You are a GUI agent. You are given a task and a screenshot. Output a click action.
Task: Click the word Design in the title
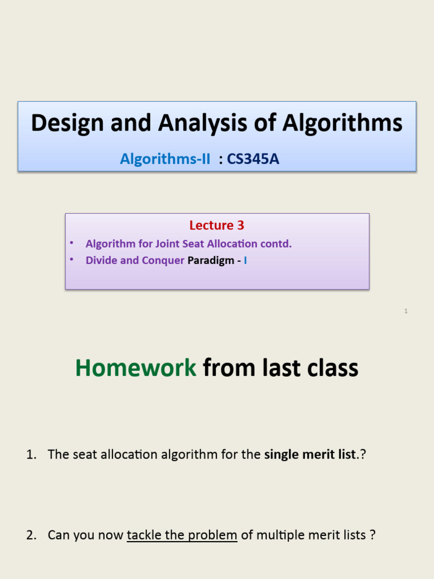tap(67, 123)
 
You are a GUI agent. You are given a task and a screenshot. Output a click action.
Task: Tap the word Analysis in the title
tap(203, 123)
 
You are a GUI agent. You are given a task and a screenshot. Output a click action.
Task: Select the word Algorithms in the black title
tap(342, 123)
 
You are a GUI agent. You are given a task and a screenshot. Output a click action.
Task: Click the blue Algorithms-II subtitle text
tap(165, 159)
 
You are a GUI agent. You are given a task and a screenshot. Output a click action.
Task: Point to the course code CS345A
tap(253, 159)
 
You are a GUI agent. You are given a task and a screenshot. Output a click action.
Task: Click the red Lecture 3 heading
tap(216, 225)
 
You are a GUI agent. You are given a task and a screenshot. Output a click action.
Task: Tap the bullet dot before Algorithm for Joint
tap(72, 243)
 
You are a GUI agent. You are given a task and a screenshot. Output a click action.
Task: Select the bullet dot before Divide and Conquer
tap(72, 259)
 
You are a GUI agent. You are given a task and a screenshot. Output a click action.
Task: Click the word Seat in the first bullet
tap(193, 244)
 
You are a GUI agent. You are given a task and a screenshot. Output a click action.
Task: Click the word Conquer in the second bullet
tap(163, 260)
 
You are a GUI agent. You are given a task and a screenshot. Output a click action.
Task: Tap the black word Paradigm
tap(211, 260)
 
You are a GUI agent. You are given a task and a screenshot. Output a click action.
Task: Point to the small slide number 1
tap(406, 311)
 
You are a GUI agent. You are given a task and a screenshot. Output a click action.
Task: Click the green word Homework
tap(136, 368)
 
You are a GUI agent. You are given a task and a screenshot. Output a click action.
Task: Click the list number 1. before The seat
tap(32, 455)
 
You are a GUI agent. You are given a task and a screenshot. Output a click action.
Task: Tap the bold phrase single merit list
tap(310, 455)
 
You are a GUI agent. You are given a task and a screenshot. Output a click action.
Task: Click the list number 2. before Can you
tap(32, 535)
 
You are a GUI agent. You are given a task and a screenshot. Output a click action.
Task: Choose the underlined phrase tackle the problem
tap(182, 535)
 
